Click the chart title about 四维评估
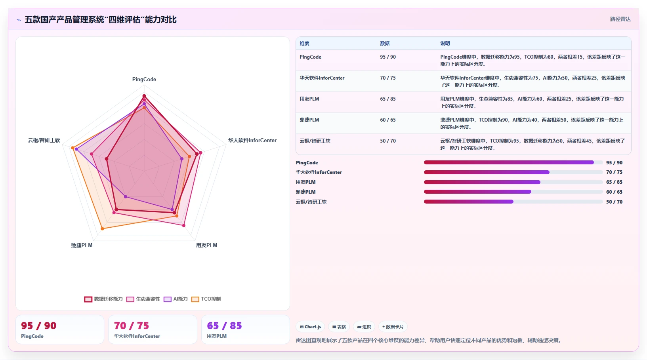coord(101,20)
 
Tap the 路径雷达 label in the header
coord(620,19)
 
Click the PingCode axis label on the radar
coord(144,79)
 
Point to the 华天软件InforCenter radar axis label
coord(252,140)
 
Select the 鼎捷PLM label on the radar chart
coord(82,245)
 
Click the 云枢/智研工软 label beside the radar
coord(44,140)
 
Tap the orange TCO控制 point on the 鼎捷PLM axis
coord(102,229)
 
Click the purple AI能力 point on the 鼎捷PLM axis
coord(125,197)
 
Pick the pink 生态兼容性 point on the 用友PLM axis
coord(184,225)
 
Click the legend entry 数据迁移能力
coord(103,299)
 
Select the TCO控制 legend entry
coord(206,299)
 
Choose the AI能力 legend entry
coord(176,299)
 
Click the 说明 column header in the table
coord(445,43)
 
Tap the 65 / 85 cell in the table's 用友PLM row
coord(388,99)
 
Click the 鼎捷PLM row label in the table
coord(309,120)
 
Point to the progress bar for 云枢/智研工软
coord(513,202)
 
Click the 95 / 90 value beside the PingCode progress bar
coord(614,162)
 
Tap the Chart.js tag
coord(310,327)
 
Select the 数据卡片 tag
coord(393,327)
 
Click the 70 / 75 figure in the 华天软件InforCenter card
coord(132,326)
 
